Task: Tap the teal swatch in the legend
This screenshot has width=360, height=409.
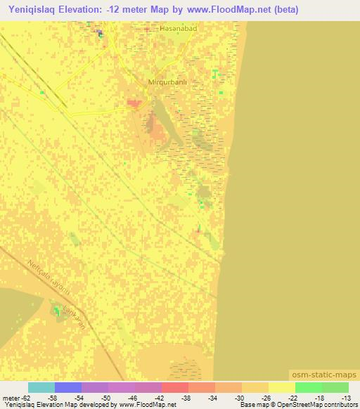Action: (x=41, y=387)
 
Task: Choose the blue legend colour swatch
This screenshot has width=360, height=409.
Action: (x=68, y=387)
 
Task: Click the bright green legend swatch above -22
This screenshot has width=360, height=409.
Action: (x=308, y=387)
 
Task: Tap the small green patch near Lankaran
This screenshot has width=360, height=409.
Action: (x=56, y=310)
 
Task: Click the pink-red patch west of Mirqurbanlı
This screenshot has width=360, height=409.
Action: (x=133, y=104)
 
